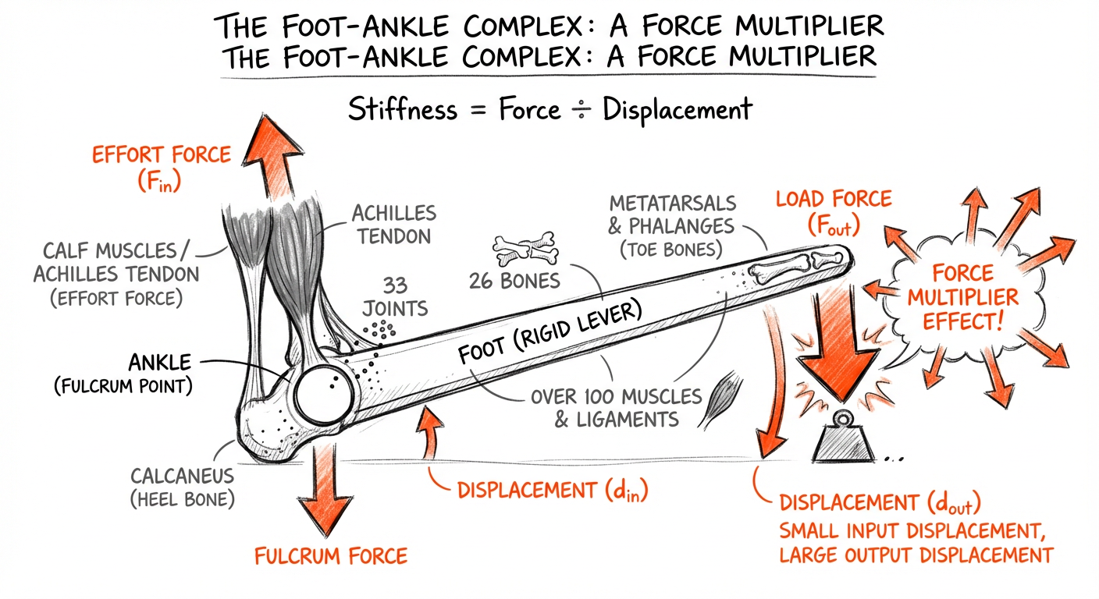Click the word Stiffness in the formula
402,108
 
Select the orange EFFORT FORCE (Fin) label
161,166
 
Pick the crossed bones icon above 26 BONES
524,249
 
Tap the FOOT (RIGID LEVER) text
549,334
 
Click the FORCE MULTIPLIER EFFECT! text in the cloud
966,296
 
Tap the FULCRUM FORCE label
331,555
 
